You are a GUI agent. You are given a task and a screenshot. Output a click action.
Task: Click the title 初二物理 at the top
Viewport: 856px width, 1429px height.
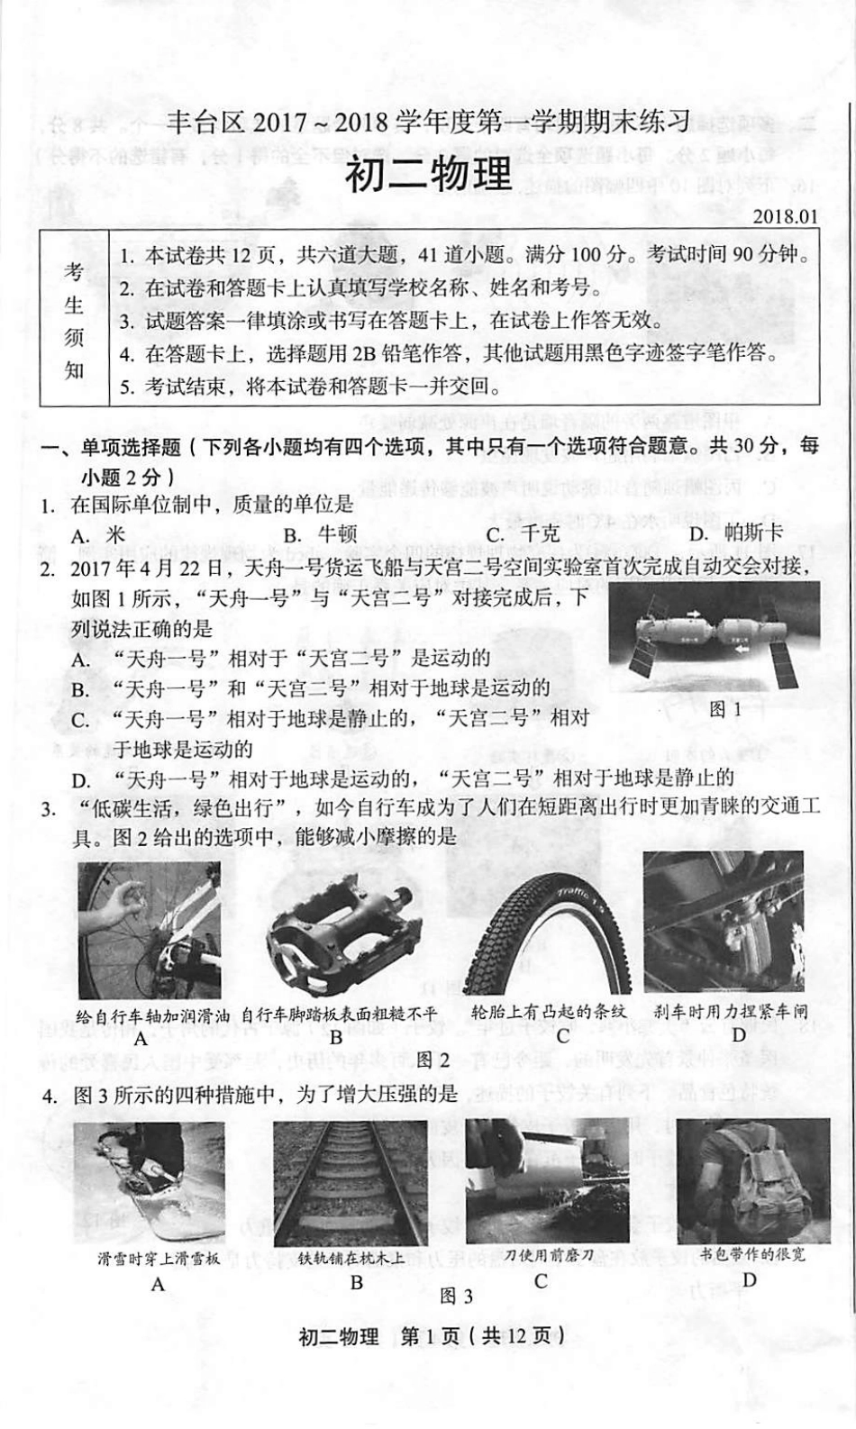coord(429,175)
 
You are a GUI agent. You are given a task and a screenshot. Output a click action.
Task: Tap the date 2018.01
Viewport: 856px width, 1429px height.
coord(786,216)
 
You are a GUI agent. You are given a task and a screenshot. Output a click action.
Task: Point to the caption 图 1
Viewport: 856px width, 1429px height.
coord(725,709)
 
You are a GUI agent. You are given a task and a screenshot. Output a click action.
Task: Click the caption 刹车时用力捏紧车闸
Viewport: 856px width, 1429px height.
coord(732,1012)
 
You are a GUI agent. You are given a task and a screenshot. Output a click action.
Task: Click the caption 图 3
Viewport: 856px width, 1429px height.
coord(456,1296)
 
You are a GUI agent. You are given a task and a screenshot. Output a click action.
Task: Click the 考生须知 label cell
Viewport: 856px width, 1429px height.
coord(74,320)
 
